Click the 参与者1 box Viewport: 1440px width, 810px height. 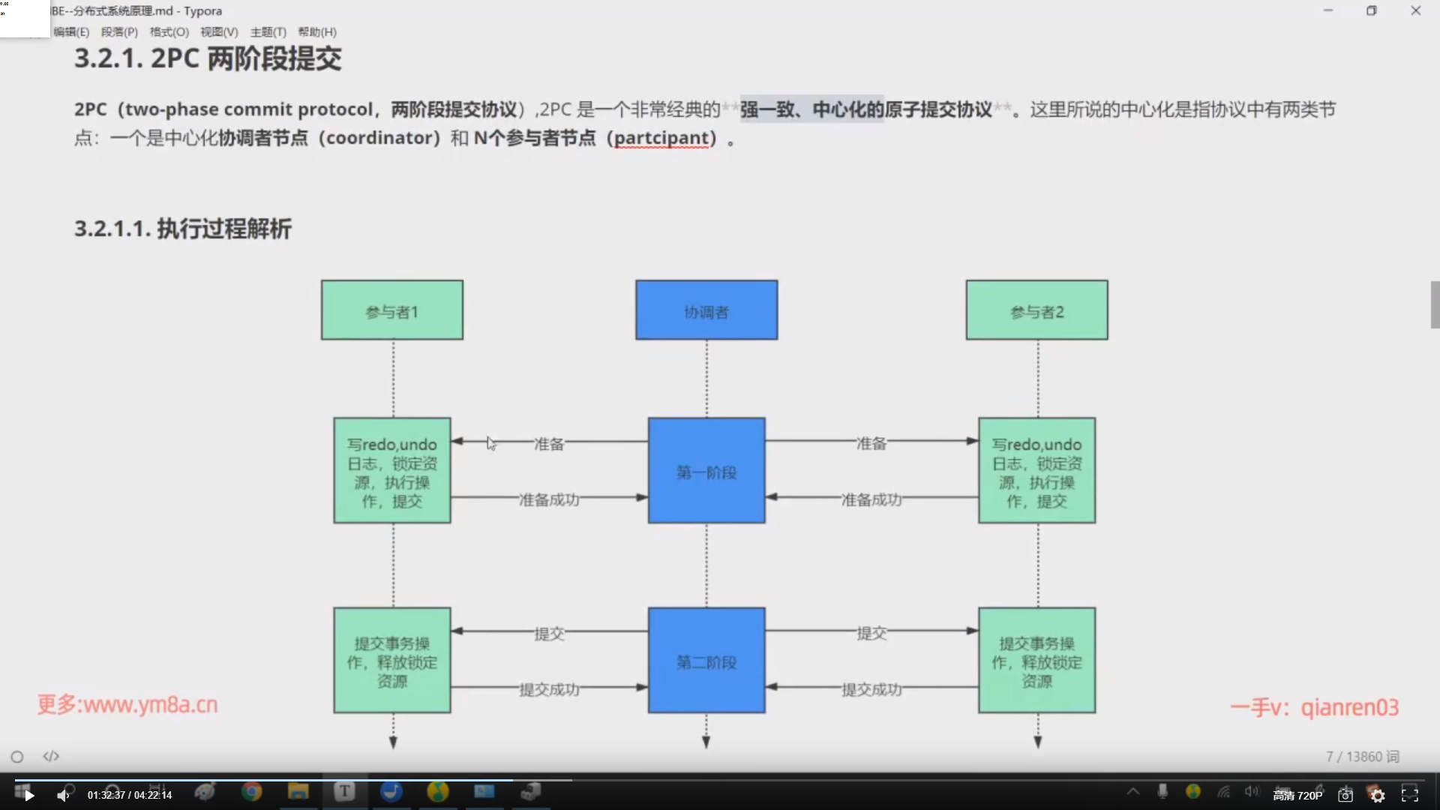391,310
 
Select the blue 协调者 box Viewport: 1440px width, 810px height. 706,310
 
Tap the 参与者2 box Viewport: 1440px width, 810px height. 1036,310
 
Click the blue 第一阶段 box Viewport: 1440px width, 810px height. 706,471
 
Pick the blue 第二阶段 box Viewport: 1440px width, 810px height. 706,661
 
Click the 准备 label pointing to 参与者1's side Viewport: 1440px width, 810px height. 548,444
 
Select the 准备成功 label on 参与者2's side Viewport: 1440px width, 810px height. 871,499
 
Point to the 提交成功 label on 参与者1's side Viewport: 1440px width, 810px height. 549,689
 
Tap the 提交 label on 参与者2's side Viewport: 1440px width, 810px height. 871,634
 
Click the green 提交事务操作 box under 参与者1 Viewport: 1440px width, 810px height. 391,661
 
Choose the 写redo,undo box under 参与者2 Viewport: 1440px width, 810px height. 1036,471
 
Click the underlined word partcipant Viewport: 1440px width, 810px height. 661,138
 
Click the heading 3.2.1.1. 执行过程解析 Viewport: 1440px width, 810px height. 183,229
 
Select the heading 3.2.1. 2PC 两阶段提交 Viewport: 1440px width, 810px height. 208,58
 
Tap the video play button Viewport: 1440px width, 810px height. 28,795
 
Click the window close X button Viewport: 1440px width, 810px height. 1415,10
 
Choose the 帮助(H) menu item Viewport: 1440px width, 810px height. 317,32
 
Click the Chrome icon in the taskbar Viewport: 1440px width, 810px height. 252,791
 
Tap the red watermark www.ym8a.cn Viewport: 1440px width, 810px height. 127,705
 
